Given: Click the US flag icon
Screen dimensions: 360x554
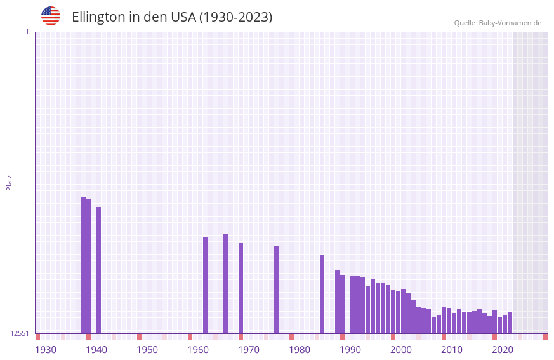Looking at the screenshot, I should pos(51,16).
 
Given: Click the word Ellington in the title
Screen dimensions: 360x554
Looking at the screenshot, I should pos(98,17).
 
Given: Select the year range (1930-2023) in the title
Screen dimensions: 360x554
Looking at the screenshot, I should pos(235,17).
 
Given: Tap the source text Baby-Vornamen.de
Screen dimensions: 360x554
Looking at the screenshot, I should pos(510,23).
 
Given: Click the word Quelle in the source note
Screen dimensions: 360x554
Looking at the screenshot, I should pos(465,23).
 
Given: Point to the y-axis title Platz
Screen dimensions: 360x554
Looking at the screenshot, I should pos(9,183).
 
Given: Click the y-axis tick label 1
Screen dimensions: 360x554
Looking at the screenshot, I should pos(27,32).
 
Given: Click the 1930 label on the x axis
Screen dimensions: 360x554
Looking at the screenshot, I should pos(46,350).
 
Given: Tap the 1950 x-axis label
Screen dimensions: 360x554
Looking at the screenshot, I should pos(147,350).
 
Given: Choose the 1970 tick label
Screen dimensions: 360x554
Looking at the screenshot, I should pos(249,350).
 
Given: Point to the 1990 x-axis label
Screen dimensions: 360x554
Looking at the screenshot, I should pos(350,350).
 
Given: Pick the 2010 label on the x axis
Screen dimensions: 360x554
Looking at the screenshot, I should pos(452,350).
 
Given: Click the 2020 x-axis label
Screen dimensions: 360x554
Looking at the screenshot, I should pos(503,350).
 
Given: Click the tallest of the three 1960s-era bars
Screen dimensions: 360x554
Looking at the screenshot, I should pos(225,283).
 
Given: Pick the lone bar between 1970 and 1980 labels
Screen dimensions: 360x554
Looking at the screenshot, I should pos(276,290).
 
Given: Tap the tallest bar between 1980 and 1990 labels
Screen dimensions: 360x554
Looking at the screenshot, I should pos(322,294).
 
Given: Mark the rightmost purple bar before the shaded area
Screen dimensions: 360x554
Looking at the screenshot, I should pos(510,323).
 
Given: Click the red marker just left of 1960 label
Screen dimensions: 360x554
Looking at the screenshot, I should pos(190,337).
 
